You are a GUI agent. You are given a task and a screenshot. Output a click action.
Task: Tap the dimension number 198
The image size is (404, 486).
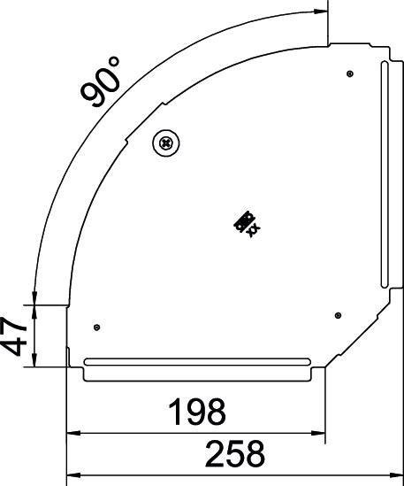click(197, 411)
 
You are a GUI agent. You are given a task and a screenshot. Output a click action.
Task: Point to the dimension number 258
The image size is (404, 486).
click(235, 453)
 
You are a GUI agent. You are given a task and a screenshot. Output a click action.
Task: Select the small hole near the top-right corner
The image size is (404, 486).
click(350, 73)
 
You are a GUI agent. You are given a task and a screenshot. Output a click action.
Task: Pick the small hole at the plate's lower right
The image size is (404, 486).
click(338, 312)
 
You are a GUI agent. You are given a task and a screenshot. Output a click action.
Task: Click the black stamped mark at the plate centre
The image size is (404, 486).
click(246, 225)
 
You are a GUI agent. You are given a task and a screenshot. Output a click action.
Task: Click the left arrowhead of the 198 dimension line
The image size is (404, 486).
click(73, 434)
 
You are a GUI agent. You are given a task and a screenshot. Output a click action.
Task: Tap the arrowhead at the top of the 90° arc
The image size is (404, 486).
click(320, 12)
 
